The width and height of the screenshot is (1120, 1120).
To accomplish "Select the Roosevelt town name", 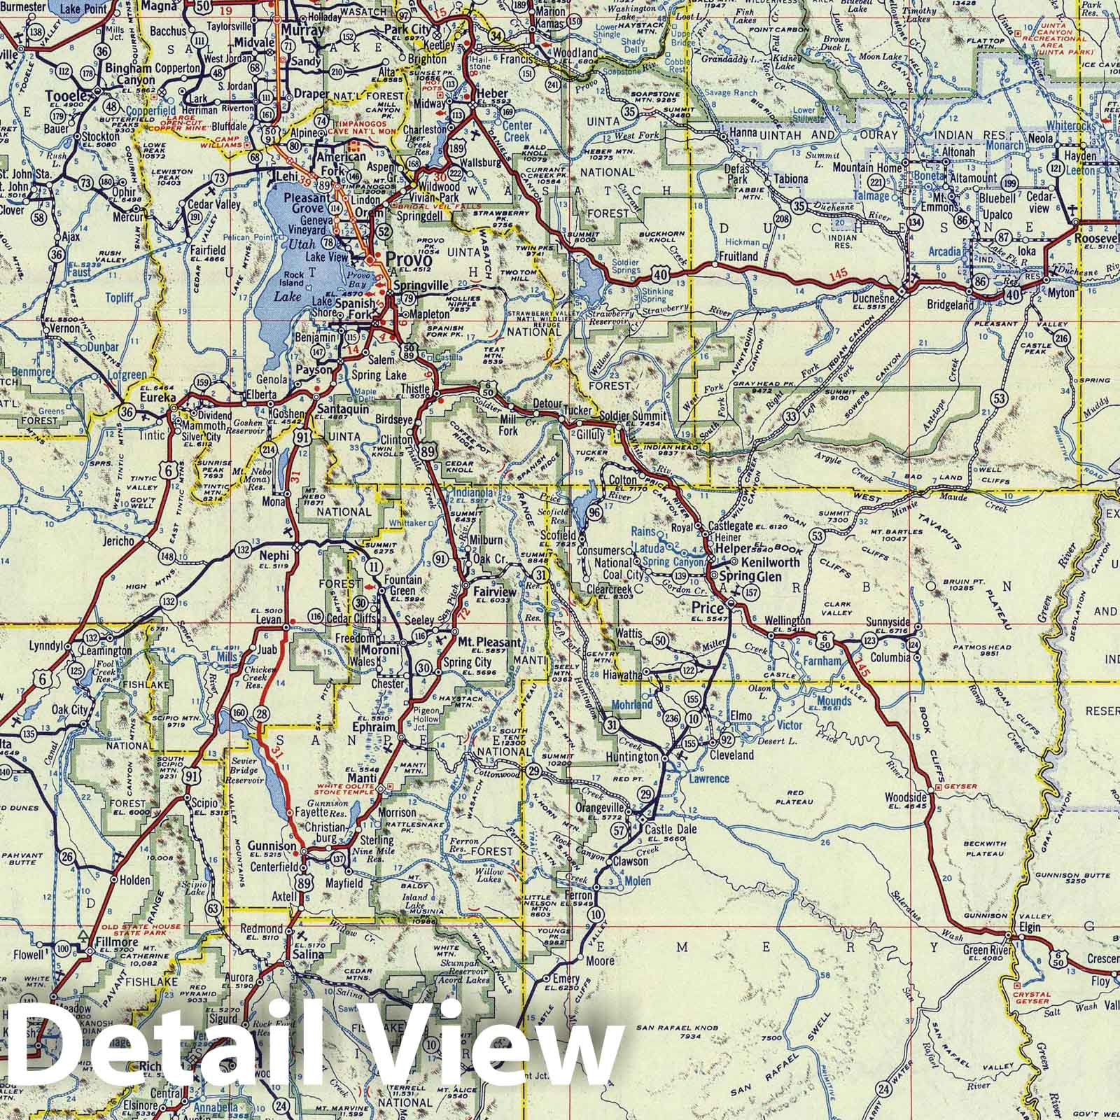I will click(x=1099, y=237).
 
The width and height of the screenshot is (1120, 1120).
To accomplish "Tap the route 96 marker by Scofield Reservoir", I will click(x=595, y=512).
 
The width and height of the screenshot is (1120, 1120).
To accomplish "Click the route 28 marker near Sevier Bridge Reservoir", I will click(x=262, y=714).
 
